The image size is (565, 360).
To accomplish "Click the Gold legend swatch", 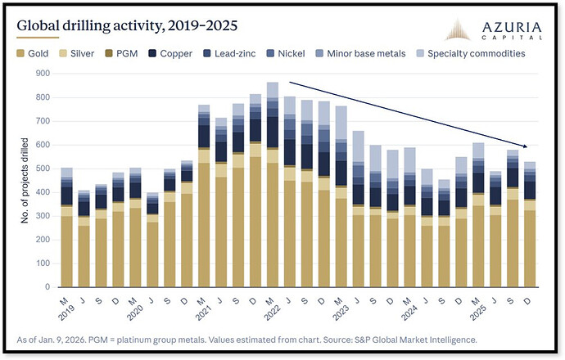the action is [x=20, y=54].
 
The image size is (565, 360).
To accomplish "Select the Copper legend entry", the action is [x=170, y=54].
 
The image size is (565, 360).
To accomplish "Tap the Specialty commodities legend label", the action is [x=476, y=54].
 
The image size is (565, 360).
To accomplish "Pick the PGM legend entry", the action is [x=121, y=54].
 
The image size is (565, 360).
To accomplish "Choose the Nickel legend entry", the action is [x=286, y=54].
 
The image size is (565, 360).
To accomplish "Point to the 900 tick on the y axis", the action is [x=43, y=74].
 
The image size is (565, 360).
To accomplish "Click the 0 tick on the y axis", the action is [x=47, y=287].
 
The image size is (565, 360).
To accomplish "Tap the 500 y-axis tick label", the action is [x=43, y=169].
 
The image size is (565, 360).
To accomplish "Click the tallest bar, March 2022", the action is [x=273, y=185].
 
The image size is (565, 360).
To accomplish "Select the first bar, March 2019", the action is [x=66, y=227].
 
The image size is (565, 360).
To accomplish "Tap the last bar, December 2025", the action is [x=530, y=224].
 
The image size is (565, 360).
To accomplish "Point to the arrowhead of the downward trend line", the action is [x=527, y=146].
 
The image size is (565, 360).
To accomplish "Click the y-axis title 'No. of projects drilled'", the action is [x=25, y=180].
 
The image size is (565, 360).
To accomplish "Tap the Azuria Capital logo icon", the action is [x=457, y=29].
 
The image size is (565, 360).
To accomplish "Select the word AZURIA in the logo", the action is [x=512, y=27].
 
